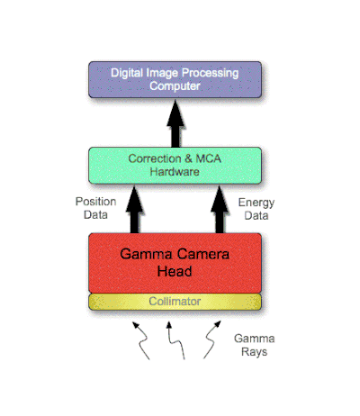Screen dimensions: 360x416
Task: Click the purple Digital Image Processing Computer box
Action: click(x=175, y=79)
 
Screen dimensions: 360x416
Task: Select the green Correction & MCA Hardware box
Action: click(x=175, y=166)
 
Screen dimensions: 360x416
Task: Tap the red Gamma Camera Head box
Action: click(x=175, y=263)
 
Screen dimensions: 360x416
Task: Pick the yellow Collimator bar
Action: click(x=175, y=302)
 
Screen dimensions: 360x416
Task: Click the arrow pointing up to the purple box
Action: click(x=175, y=123)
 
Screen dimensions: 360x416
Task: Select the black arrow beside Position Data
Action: click(x=135, y=210)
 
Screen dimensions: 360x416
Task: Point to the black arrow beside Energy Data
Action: click(x=220, y=210)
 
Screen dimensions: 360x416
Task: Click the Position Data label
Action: click(x=95, y=208)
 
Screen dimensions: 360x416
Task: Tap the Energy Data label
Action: click(x=256, y=209)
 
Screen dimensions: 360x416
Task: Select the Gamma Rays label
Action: click(x=255, y=345)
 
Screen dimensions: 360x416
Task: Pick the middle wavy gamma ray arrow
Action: click(x=177, y=340)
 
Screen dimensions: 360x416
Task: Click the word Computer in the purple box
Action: click(x=175, y=86)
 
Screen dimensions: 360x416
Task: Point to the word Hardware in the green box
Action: click(x=175, y=172)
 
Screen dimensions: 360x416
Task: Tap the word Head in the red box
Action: click(x=175, y=271)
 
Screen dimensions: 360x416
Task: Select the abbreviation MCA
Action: click(x=209, y=158)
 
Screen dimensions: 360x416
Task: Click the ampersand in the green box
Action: click(x=188, y=158)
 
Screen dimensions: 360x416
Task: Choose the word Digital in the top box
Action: click(x=127, y=73)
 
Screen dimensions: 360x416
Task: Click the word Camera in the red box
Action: click(x=202, y=254)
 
